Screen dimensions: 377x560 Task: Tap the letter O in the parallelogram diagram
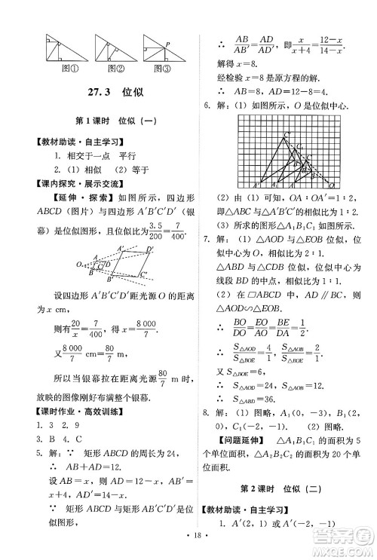80,265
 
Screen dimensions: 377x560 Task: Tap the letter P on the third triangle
168,44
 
